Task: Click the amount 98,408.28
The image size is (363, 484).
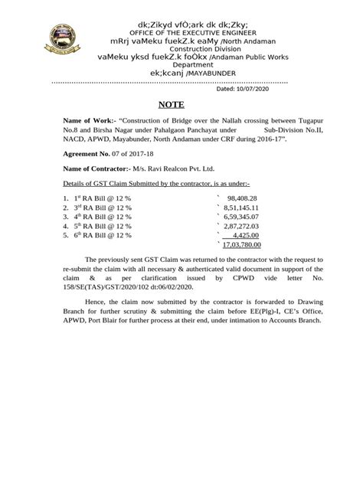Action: pyautogui.click(x=242, y=198)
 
